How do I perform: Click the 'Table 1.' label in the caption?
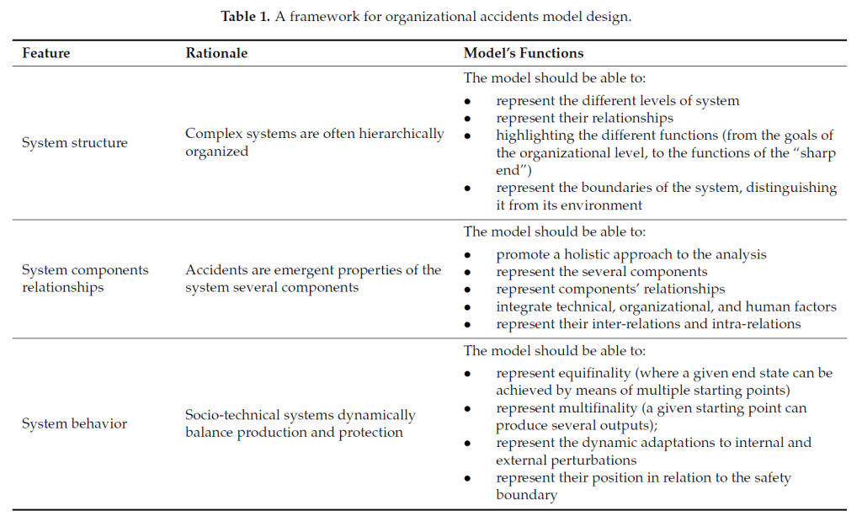click(x=245, y=17)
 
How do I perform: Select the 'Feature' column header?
click(x=46, y=53)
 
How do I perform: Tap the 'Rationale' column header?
click(x=216, y=53)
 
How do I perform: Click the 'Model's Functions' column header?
click(x=524, y=53)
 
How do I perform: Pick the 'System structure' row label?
click(x=75, y=143)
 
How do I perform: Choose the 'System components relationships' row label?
click(x=85, y=279)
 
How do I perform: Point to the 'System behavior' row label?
click(x=74, y=423)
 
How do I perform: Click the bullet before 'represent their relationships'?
click(x=467, y=119)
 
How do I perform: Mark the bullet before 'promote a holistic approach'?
click(x=467, y=254)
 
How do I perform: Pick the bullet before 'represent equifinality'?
click(x=467, y=373)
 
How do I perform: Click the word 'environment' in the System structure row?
click(x=604, y=205)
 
